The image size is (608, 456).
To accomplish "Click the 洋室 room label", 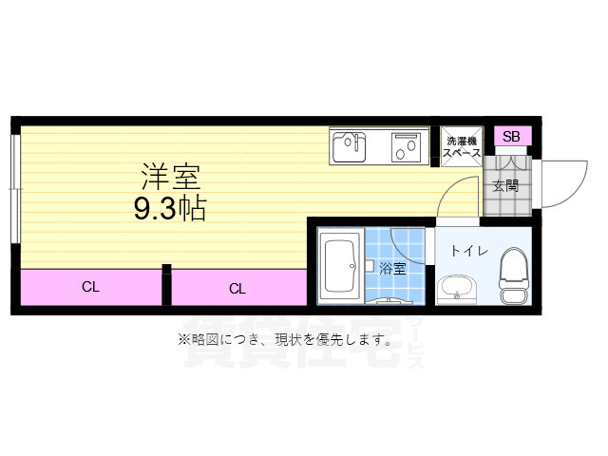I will coord(171,176).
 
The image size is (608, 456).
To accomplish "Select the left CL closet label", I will coord(91,286).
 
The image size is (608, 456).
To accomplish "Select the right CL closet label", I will coord(237,288).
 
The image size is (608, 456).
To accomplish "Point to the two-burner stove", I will coord(408,147).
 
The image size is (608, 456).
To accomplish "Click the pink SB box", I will coord(511,137).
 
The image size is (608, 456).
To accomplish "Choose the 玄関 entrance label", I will coord(505,185).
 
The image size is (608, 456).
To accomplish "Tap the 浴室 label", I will coord(392,268).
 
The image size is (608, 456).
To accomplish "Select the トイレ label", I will coord(468,252).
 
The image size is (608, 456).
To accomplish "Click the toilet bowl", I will coord(514,275).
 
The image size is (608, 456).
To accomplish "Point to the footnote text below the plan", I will coord(285,339).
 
